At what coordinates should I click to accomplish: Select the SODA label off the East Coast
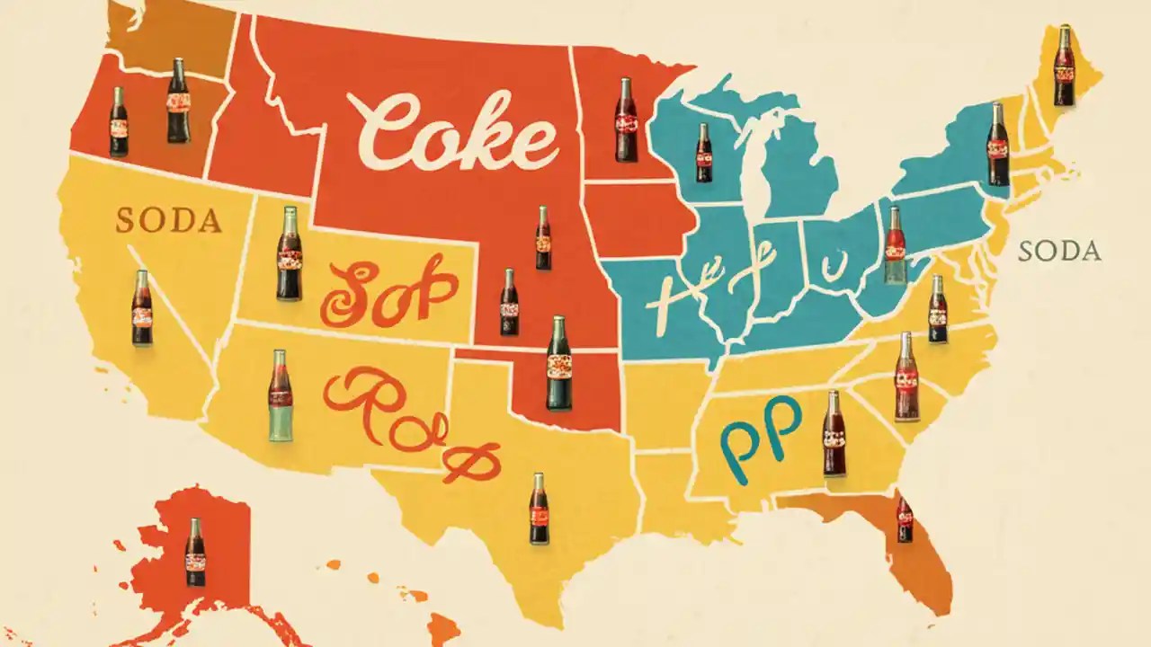[1059, 252]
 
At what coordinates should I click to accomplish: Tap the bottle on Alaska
[195, 552]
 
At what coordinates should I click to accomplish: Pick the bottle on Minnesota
[626, 120]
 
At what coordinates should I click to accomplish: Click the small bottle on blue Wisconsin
[703, 153]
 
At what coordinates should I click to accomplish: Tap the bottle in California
[142, 307]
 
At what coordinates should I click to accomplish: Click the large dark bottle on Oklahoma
[559, 363]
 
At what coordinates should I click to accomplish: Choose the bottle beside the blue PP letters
[834, 433]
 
